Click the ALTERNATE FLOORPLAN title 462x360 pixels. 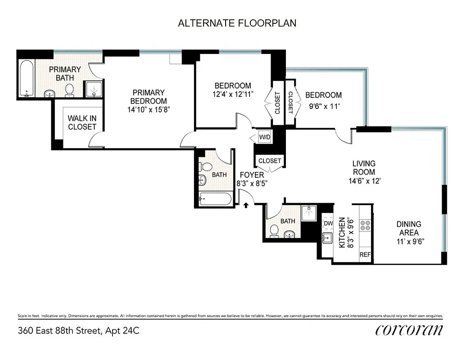tap(237, 23)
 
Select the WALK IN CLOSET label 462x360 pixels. tap(82, 122)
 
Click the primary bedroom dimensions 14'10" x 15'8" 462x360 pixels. tap(148, 109)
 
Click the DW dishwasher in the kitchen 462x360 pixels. tap(328, 223)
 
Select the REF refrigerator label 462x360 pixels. tap(365, 255)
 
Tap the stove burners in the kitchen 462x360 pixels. tap(365, 225)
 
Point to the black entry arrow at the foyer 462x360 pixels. tap(246, 206)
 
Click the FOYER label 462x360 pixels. tap(252, 175)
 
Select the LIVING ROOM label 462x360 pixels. tap(364, 167)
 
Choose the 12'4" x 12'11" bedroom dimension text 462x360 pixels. tap(233, 94)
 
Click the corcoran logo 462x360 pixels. tap(409, 330)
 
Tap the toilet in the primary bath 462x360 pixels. tap(69, 91)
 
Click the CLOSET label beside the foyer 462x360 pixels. tap(270, 161)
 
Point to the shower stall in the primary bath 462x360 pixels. tap(95, 90)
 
